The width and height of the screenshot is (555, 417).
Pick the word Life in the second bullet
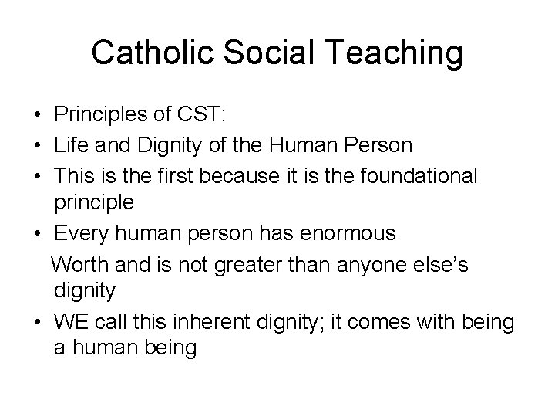pyautogui.click(x=70, y=144)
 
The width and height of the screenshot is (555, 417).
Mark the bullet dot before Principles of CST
pyautogui.click(x=37, y=116)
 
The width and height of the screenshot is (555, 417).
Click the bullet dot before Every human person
pyautogui.click(x=37, y=233)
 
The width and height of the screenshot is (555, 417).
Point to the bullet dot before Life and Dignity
pyautogui.click(x=37, y=145)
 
